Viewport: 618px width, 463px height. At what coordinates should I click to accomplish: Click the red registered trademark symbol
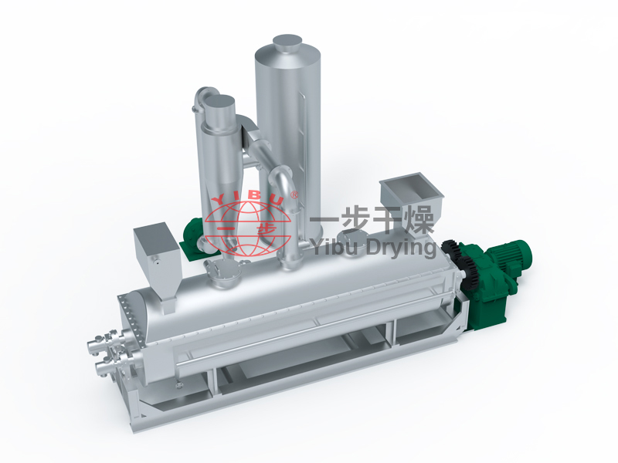[294, 194]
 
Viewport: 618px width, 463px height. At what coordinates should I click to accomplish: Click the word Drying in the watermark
[401, 248]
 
